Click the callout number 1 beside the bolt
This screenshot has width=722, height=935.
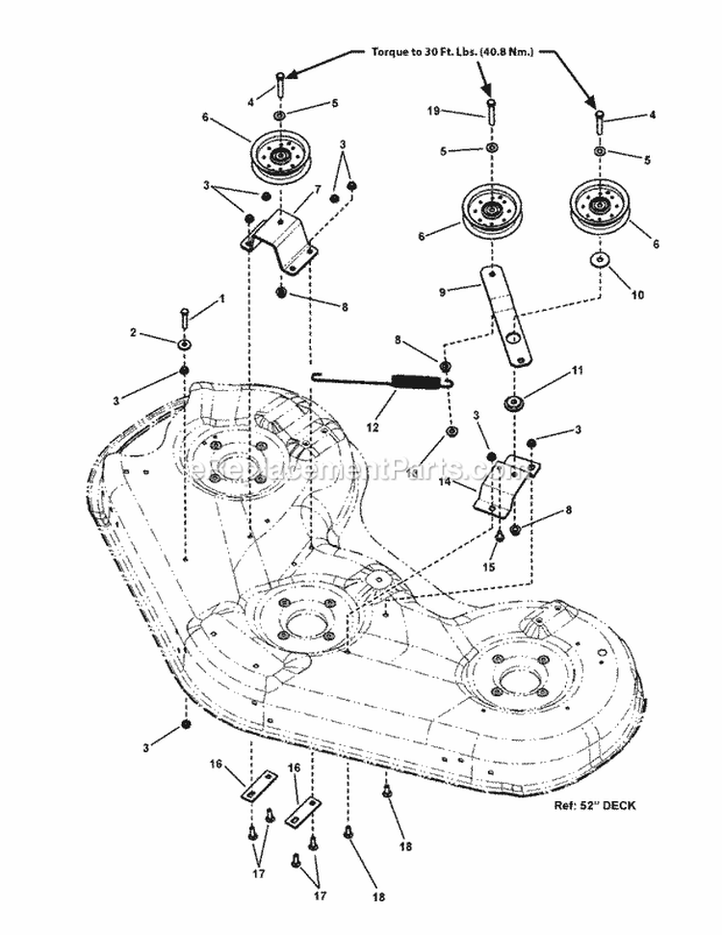(x=221, y=299)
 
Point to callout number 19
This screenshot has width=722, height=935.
(x=433, y=111)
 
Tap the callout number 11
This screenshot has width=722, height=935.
(x=578, y=370)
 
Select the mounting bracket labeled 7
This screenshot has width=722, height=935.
(x=279, y=236)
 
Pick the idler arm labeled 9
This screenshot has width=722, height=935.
(x=508, y=315)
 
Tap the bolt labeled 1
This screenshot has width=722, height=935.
(x=184, y=319)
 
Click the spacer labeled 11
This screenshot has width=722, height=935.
(x=511, y=401)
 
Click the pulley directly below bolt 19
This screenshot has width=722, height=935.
(x=492, y=209)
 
